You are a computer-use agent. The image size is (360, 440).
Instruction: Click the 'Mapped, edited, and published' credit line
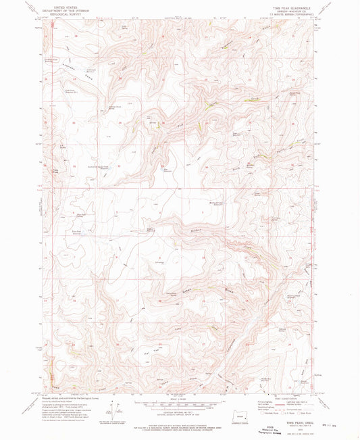[68, 387]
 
